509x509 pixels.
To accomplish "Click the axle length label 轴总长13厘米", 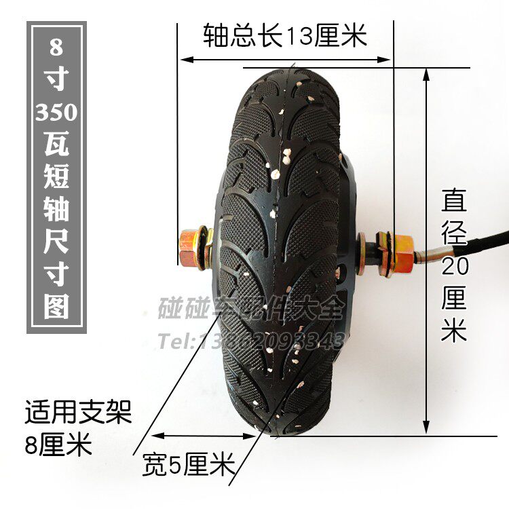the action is tap(285, 35).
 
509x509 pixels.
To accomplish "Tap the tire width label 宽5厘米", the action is tap(188, 466).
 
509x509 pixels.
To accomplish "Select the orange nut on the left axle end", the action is tap(190, 245).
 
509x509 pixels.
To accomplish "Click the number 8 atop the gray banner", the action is tap(56, 50).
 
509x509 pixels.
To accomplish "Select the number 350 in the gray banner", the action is tap(56, 112).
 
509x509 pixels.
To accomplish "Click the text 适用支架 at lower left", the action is tap(76, 412).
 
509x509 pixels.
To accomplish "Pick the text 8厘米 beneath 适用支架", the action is tap(57, 446).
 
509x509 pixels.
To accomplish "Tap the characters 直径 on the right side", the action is tap(455, 217).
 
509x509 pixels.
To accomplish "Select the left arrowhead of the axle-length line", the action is tap(183, 60).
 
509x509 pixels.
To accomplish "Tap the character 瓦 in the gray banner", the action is tap(56, 145).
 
